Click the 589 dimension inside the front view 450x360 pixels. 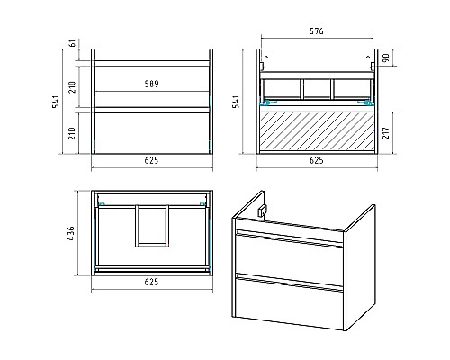click(x=151, y=84)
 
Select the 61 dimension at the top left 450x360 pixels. click(x=73, y=43)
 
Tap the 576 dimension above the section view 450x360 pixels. click(x=317, y=31)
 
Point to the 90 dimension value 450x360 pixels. click(x=386, y=58)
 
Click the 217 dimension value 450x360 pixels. click(x=386, y=133)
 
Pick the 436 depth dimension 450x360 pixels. click(x=71, y=233)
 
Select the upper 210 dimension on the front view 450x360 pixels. click(x=73, y=87)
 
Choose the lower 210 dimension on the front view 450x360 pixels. click(x=73, y=133)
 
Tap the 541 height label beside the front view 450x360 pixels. click(x=56, y=102)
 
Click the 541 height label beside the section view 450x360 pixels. click(x=236, y=102)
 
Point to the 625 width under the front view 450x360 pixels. click(x=151, y=160)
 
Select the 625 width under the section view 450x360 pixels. click(x=317, y=160)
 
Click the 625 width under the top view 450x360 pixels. click(x=151, y=282)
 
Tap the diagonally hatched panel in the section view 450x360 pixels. click(x=317, y=131)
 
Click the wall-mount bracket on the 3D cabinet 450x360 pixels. click(x=262, y=210)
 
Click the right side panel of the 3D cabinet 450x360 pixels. click(x=360, y=268)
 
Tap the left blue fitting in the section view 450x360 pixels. click(x=266, y=103)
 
